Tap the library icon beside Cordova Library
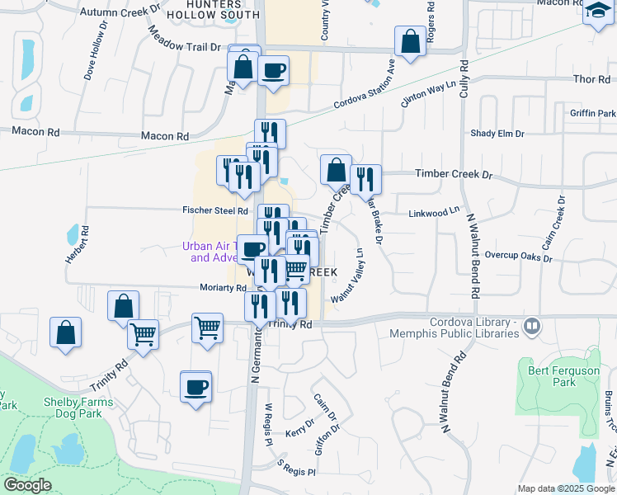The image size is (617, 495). [532, 327]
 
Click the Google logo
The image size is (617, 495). [27, 485]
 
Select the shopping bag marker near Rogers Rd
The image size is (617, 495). [410, 41]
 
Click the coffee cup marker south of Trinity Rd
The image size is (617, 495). [195, 386]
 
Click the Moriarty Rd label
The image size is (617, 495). [223, 288]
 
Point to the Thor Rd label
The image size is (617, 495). [590, 79]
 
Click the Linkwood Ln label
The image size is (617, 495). [434, 214]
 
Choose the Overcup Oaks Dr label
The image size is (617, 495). [518, 256]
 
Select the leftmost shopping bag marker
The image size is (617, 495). [66, 333]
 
